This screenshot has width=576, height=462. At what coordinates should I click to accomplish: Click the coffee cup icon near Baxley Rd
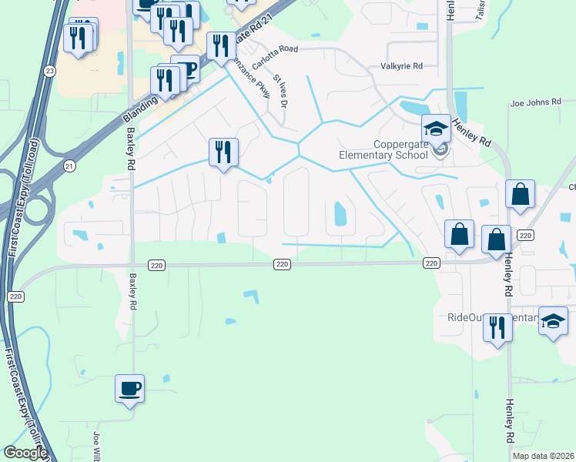click(129, 387)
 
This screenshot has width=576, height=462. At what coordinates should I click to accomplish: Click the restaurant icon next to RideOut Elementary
click(497, 326)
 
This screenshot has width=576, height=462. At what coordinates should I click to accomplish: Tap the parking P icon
click(185, 69)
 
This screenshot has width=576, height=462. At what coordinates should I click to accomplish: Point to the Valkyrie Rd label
click(402, 66)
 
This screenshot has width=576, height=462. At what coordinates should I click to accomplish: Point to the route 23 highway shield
click(50, 71)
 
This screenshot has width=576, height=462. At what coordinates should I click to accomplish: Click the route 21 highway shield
click(69, 166)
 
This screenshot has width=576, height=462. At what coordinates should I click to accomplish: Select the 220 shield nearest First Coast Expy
click(15, 296)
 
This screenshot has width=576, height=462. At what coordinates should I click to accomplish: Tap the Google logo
click(25, 453)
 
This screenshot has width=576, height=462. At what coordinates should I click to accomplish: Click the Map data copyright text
click(543, 456)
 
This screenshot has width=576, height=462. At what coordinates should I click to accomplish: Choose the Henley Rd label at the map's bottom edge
click(509, 420)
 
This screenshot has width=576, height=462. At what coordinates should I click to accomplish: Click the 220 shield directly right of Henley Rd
click(526, 235)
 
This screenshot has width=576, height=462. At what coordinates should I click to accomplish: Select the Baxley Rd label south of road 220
click(133, 293)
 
